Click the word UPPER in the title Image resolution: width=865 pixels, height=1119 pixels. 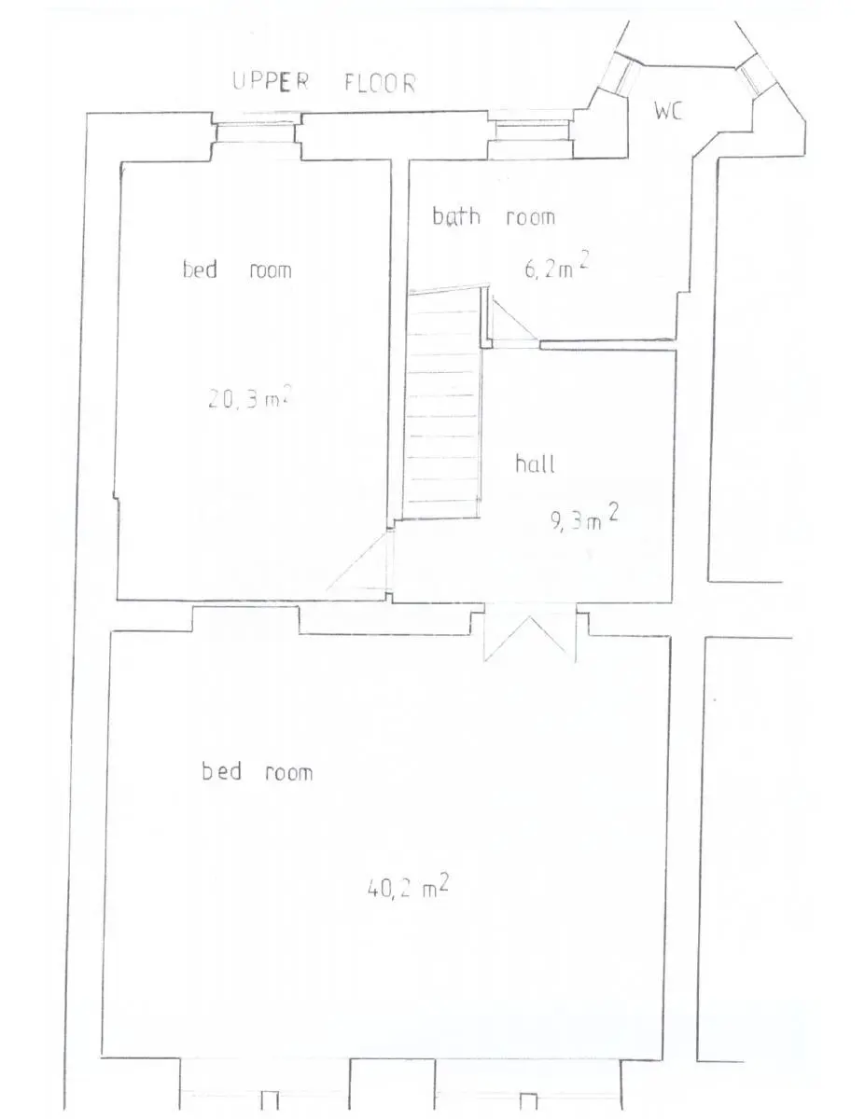coord(271,81)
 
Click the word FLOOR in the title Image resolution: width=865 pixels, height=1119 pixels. coord(380,83)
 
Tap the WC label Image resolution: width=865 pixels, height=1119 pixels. coord(668,111)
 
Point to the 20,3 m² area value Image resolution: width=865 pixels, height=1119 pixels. coord(250,397)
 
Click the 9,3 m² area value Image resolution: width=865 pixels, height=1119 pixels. coord(584,518)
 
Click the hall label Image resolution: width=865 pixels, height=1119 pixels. coord(535,463)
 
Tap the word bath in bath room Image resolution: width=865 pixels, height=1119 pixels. coord(456,215)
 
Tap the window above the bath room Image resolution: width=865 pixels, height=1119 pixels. coord(531,131)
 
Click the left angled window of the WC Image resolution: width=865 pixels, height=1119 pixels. coord(621,76)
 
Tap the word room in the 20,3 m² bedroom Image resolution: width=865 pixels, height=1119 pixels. coord(271,269)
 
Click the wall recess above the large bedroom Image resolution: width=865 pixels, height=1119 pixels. coord(245,619)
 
